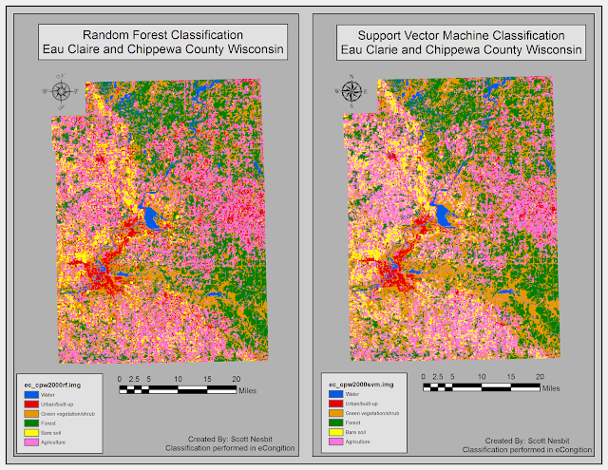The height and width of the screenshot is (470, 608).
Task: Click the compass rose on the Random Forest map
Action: point(62,91)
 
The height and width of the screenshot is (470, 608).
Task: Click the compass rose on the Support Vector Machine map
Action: point(352,91)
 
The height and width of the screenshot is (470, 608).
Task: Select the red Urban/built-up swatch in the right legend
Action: point(335,403)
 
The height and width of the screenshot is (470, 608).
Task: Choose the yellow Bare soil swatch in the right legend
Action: point(335,432)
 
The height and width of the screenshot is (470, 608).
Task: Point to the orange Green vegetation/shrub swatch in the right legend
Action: point(335,413)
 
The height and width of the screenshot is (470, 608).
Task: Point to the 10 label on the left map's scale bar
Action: point(178,379)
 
